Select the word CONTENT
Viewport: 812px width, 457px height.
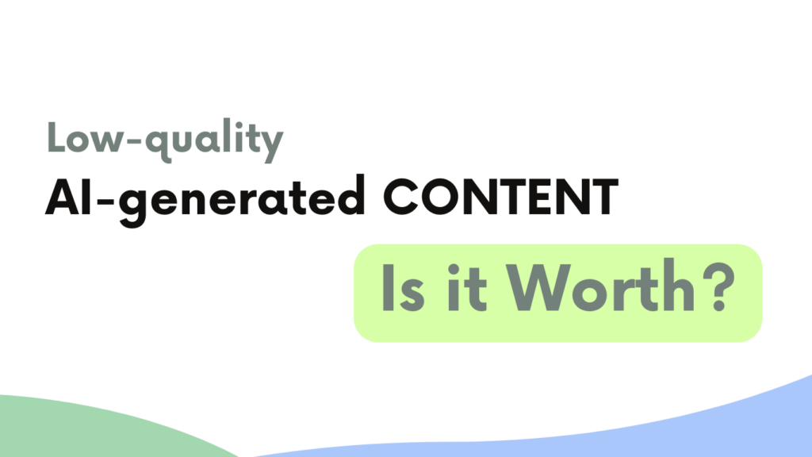tap(501, 198)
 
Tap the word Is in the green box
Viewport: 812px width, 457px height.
tap(403, 288)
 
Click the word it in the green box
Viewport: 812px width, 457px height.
tap(466, 286)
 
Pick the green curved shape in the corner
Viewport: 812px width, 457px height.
tap(104, 428)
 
